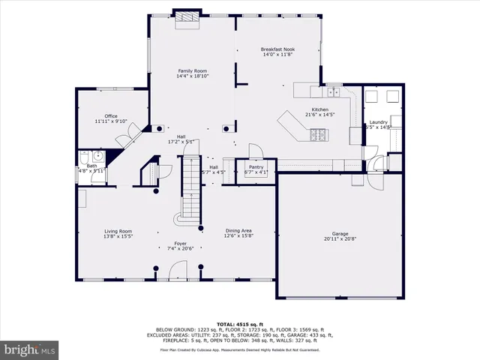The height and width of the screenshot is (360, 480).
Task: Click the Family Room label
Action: pos(191,70)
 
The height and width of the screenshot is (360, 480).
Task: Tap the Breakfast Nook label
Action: pos(277,49)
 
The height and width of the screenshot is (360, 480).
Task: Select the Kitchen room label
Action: pos(320,109)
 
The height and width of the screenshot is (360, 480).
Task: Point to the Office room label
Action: pos(111,116)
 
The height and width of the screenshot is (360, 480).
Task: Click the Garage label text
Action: pos(340,233)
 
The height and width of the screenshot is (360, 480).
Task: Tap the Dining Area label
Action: pos(238,231)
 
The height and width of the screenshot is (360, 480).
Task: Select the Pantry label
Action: pos(256,167)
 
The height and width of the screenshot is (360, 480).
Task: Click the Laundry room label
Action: pos(377,122)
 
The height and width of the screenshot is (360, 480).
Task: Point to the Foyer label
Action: pos(181,244)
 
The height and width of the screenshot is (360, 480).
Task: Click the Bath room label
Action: pos(91,166)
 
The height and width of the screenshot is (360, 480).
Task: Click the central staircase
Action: pos(190,187)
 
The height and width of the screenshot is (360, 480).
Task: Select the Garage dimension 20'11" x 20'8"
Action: pos(340,239)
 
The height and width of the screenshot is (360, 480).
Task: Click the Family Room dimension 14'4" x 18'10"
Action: pos(191,76)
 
